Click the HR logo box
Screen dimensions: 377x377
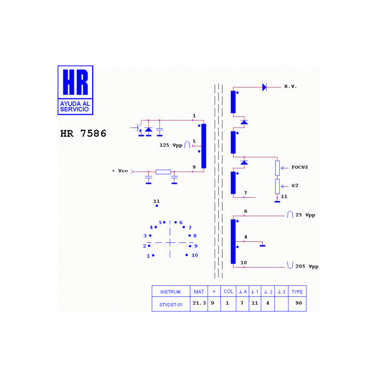(75, 90)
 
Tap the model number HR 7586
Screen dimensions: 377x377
(83, 134)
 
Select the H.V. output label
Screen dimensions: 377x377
(291, 86)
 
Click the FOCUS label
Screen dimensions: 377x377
(300, 167)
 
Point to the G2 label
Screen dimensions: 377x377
(295, 185)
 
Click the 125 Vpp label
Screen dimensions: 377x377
(171, 145)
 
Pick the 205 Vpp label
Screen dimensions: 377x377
(307, 267)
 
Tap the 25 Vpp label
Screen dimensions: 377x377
(305, 215)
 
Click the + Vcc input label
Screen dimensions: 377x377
(120, 171)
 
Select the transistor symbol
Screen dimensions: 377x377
(138, 128)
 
